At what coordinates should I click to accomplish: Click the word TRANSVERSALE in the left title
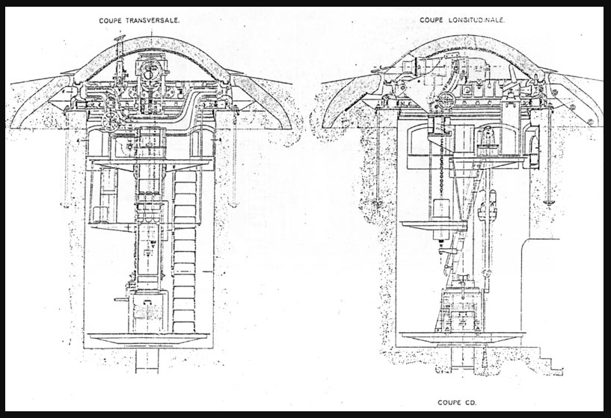coord(153,21)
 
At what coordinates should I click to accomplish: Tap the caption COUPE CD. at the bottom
coord(457,402)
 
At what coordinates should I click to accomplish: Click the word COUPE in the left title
coord(111,21)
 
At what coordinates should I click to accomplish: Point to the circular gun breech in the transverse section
coord(150,71)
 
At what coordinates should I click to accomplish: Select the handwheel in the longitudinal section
coord(446,101)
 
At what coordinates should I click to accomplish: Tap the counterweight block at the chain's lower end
coord(442,219)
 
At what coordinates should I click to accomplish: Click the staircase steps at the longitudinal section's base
coord(549,360)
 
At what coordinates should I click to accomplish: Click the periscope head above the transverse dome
coord(120,38)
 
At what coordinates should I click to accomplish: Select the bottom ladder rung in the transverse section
coord(184,327)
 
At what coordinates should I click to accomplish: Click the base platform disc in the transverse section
coord(149,338)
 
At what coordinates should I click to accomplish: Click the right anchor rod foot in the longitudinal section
coord(549,202)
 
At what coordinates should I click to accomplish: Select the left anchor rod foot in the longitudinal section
coord(376,202)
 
